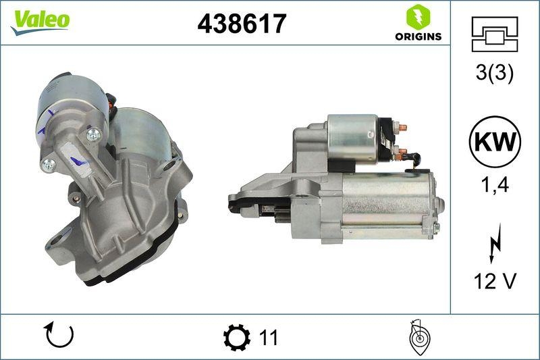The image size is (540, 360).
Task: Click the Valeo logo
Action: tap(39, 20)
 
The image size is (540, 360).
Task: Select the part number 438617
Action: tap(242, 24)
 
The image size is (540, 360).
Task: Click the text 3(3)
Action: tap(495, 74)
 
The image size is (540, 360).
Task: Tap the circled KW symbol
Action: tap(495, 141)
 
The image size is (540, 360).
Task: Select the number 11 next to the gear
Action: tap(268, 336)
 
